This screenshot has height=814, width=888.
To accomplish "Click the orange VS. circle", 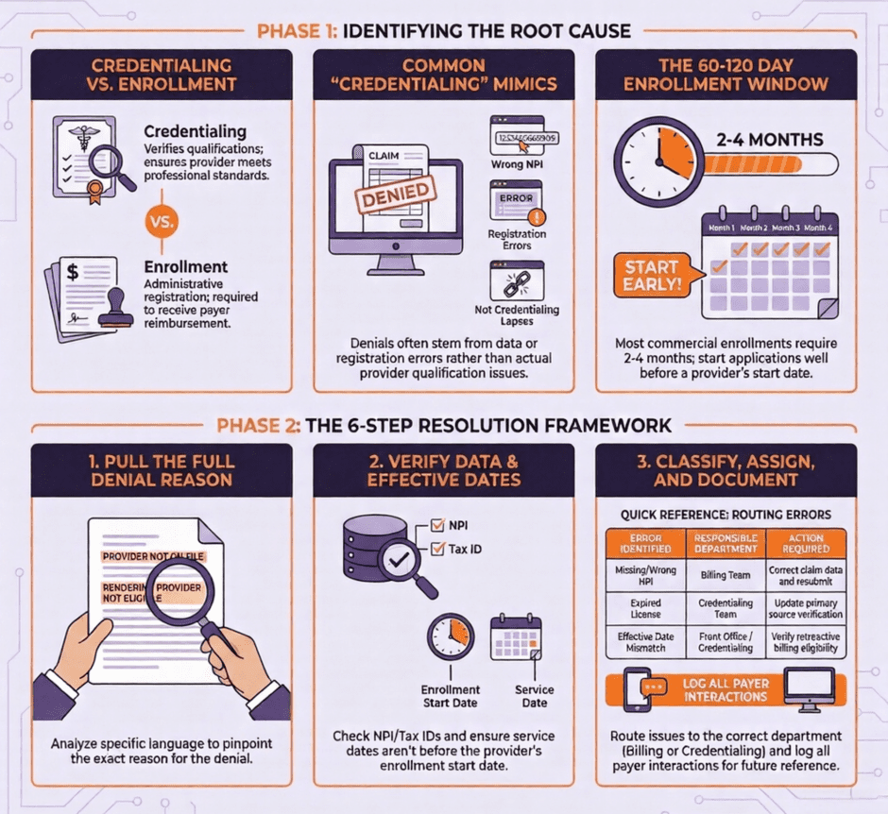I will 158,223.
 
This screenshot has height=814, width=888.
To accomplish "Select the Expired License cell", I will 645,608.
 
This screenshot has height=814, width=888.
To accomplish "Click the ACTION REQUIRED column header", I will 806,542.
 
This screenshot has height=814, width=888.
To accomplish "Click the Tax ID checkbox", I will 436,549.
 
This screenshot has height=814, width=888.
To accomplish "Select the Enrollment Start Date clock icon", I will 450,637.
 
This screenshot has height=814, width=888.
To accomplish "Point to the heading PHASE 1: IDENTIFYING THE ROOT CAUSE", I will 443,31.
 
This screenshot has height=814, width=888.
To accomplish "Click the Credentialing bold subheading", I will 195,132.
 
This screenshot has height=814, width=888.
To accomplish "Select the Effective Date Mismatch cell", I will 645,642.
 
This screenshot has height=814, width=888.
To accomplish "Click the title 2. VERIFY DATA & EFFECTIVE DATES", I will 443,469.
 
